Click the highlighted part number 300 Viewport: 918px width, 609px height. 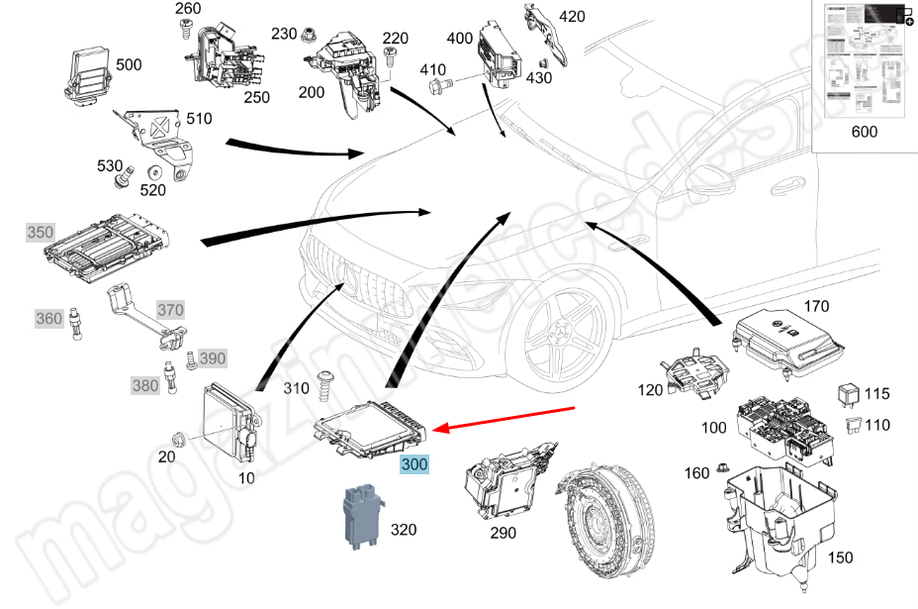click(414, 463)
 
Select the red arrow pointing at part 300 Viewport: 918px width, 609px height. click(505, 419)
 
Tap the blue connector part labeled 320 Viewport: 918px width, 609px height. click(361, 514)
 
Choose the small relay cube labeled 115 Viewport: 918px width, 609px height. click(848, 393)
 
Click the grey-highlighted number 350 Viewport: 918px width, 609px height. click(41, 233)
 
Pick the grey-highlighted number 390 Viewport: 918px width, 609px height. click(212, 357)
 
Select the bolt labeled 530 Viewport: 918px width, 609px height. click(126, 179)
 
